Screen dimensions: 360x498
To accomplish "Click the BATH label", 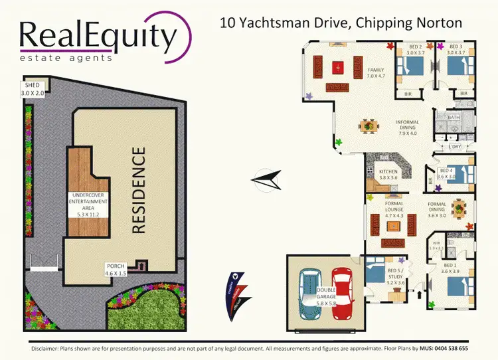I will [454, 117].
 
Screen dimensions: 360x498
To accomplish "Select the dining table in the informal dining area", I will [369, 125].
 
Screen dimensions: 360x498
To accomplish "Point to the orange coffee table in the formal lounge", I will [394, 225].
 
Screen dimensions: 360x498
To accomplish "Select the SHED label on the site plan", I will [33, 86].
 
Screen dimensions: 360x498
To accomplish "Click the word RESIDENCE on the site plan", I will [139, 190].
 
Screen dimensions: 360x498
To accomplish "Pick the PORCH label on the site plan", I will [115, 266].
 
